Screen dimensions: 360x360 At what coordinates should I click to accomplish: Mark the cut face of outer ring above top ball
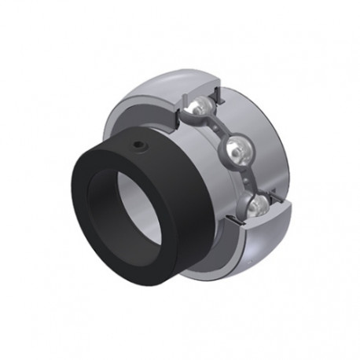198,89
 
